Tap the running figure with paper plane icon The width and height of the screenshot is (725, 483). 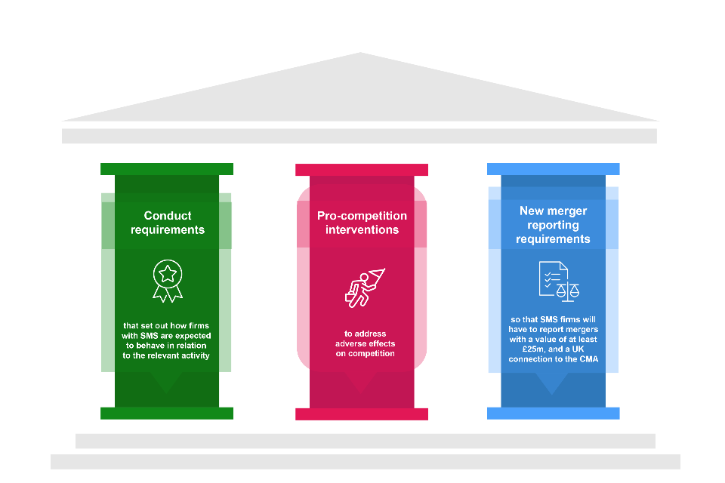click(x=362, y=288)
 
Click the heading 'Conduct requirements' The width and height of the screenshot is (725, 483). click(x=167, y=223)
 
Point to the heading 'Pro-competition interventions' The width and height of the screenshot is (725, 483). click(x=362, y=223)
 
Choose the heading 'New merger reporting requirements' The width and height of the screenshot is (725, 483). click(x=553, y=225)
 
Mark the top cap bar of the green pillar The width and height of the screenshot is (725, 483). click(x=167, y=169)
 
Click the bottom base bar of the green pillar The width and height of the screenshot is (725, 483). click(x=167, y=414)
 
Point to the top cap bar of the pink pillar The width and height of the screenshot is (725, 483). click(x=362, y=170)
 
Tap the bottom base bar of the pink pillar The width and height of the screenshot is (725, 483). click(x=362, y=414)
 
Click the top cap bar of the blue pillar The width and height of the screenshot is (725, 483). click(x=553, y=169)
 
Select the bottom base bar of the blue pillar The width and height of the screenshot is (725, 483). click(x=553, y=414)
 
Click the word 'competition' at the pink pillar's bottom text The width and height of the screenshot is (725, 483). click(x=371, y=354)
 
